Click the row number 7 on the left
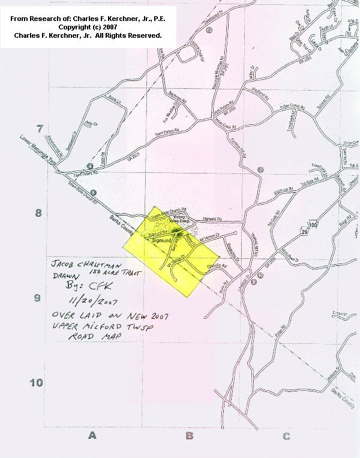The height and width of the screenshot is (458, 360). coord(40,129)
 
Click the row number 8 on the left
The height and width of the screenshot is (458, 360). coord(38,214)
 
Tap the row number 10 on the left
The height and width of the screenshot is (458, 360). coord(37,382)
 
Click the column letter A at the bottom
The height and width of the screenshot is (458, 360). coord(92,435)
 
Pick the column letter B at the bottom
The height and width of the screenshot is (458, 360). coord(189,435)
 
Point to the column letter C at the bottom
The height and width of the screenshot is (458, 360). coord(286,435)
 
